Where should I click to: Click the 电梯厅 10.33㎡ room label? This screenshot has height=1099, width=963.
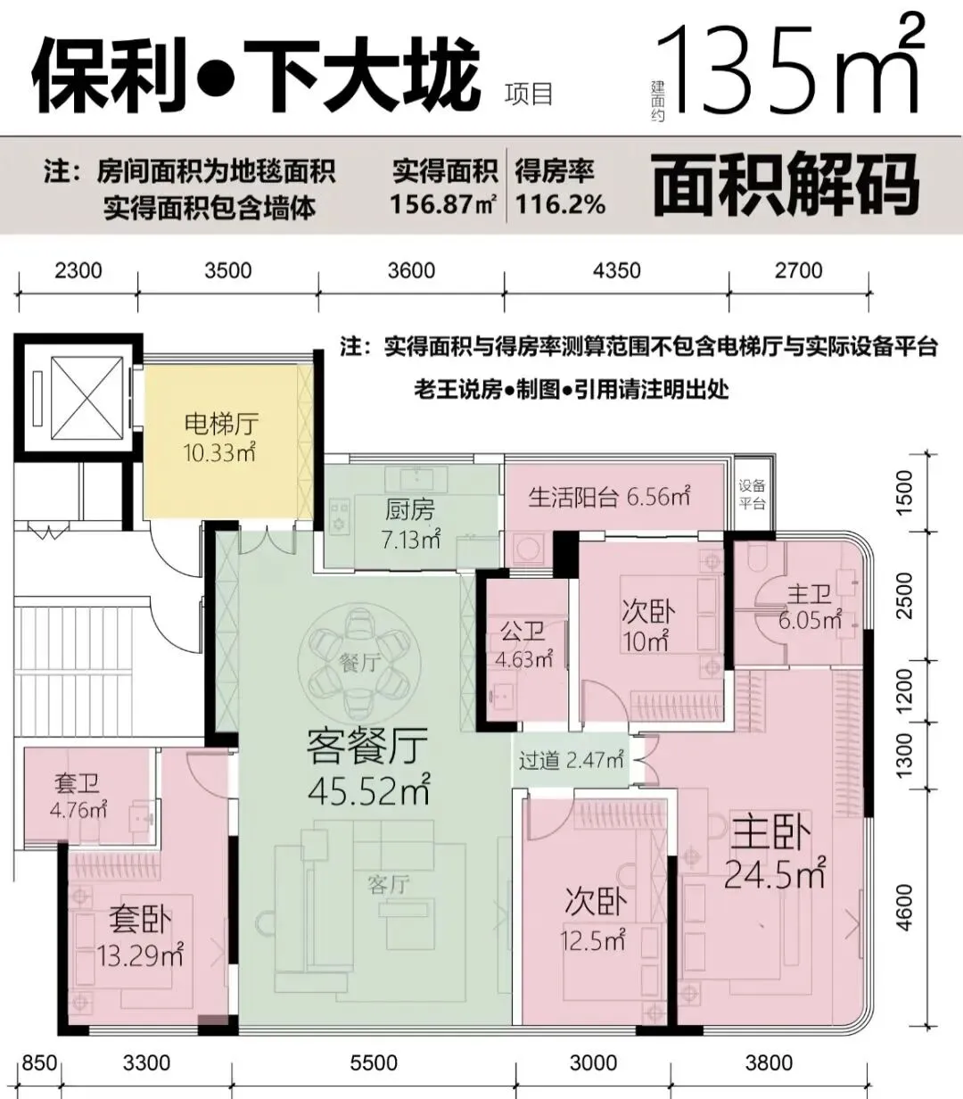coord(220,437)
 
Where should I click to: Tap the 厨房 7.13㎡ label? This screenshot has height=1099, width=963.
coord(410,525)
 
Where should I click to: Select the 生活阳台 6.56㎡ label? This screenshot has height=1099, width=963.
coord(609,496)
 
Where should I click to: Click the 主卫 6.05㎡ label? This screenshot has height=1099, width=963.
coord(811,607)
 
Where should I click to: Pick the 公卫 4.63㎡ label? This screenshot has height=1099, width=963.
coord(523,645)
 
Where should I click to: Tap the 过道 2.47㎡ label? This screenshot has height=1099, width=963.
coord(571,759)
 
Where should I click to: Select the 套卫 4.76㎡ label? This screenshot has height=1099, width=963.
coord(78,797)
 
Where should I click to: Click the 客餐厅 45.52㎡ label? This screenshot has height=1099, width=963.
coord(368,765)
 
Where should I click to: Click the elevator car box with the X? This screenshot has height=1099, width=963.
coord(86,398)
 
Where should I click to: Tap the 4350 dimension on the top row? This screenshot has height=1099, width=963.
coord(616,270)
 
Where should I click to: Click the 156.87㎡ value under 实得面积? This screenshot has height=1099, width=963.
coord(443,204)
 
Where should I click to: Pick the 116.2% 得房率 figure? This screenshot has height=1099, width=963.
coord(560,204)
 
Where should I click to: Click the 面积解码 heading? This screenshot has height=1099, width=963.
coord(786,185)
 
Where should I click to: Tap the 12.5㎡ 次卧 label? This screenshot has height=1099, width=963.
coord(593,939)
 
